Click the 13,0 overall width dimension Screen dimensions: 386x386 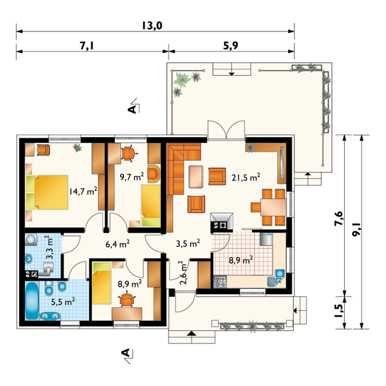coord(152,26)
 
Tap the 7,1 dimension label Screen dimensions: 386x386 coord(87,45)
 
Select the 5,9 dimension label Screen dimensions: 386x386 coord(231,45)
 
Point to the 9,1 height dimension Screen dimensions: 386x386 coord(356,229)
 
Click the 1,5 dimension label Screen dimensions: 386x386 coord(339,311)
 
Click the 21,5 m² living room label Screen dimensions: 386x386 coord(245,177)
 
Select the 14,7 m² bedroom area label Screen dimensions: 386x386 coord(83,191)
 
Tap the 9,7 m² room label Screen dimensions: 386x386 coord(132,177)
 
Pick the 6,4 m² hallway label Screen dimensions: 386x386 coord(117,244)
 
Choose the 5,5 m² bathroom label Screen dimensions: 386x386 coord(63,301)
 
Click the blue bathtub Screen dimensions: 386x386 coord(32,301)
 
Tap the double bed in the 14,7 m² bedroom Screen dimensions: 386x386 coord(47,192)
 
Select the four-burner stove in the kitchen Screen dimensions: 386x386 coord(220,282)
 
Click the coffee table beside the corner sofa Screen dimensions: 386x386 coord(196,177)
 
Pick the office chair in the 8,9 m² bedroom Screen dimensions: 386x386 coord(127,299)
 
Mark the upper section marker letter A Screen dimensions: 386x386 coord(132,109)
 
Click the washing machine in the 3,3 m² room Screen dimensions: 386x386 coord(31,240)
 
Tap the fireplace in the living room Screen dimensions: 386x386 coord(222,222)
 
